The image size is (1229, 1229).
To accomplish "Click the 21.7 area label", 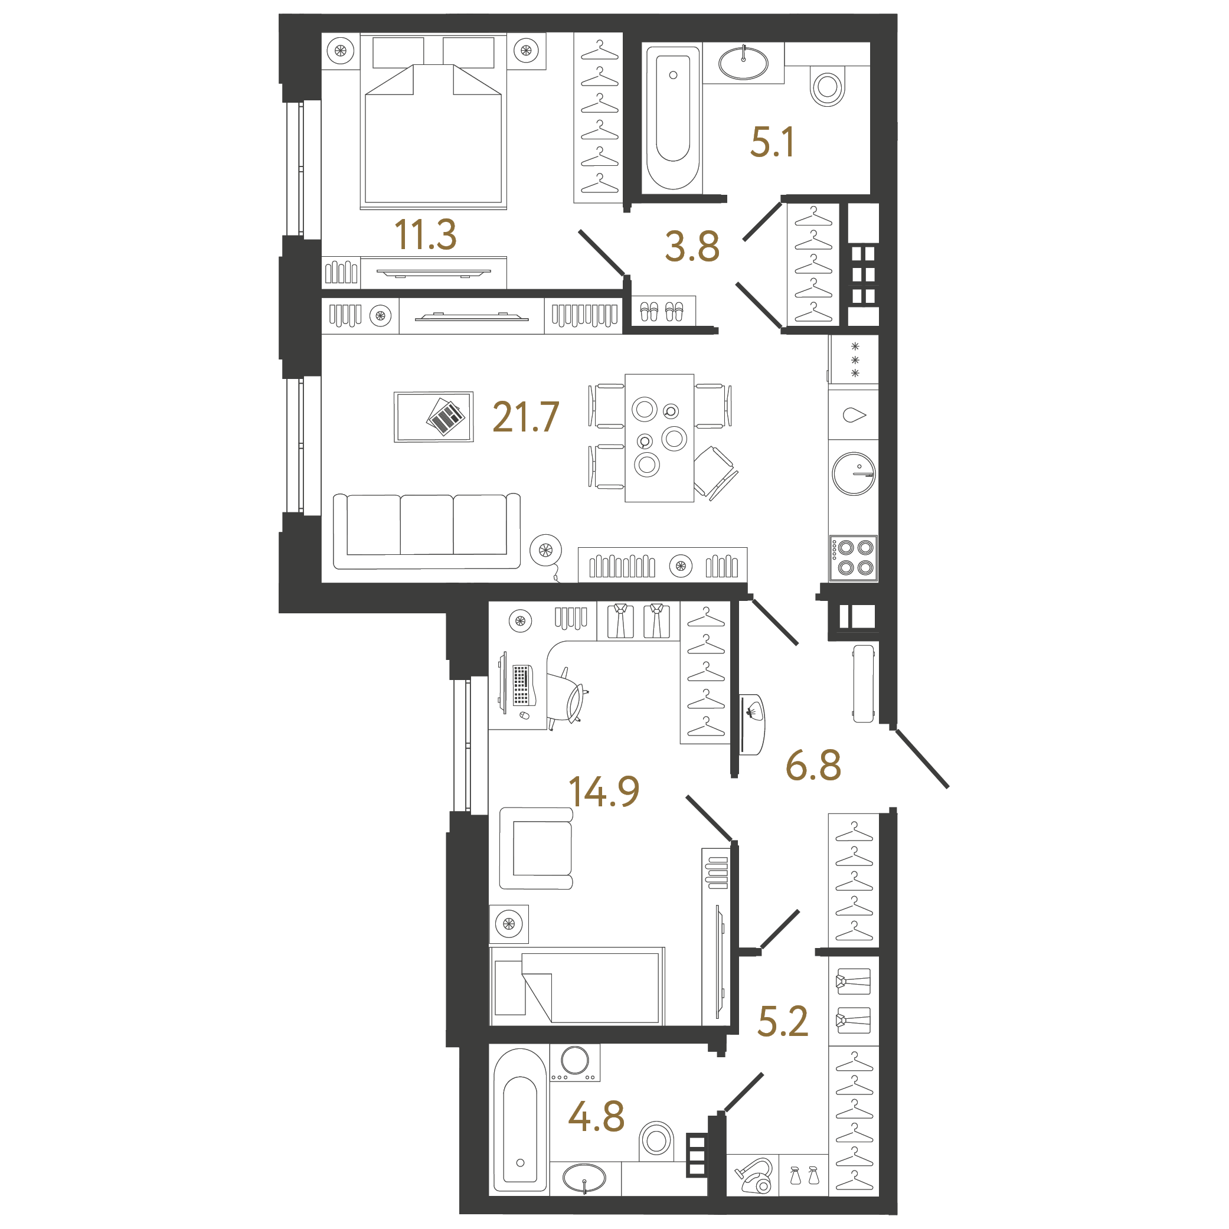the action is coord(525,417).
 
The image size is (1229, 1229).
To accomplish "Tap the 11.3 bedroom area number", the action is coord(426,235).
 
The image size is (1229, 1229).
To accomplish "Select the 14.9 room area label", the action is coord(604,792).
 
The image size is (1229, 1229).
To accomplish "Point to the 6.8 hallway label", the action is coord(813,765).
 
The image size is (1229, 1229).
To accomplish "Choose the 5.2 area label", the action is coord(782,1021).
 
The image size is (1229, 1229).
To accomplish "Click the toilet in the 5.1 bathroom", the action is coord(828,87).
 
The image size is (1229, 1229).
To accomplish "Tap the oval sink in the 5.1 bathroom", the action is coord(743,63).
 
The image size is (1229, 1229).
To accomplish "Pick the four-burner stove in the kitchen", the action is coord(854,558).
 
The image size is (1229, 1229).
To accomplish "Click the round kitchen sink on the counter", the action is coord(854,474).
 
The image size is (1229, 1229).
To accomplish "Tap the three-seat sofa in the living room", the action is coord(427,531).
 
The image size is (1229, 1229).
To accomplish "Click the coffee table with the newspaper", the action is coord(433,417).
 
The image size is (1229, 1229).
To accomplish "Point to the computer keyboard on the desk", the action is coord(521,685).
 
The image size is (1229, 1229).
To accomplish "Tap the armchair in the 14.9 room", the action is coord(536,848).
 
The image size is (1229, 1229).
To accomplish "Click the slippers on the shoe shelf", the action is coord(662,312).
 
